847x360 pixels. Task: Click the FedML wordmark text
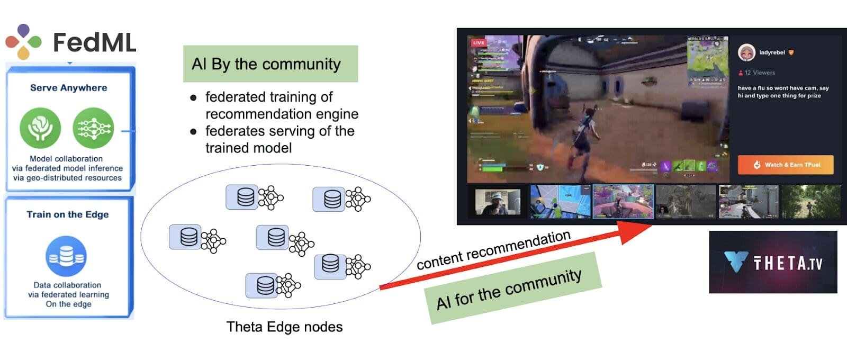[95, 42]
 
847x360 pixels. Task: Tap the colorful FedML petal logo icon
[23, 41]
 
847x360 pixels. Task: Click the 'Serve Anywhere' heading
[68, 88]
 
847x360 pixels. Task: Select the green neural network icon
[93, 128]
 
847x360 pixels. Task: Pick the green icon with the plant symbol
[40, 128]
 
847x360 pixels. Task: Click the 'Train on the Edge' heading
[68, 214]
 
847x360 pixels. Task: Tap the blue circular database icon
[66, 256]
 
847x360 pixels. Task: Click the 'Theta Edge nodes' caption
[284, 327]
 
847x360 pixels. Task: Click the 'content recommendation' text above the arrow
[493, 250]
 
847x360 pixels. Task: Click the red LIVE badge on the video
[479, 43]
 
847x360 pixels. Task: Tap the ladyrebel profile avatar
[746, 52]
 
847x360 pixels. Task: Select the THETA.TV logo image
[773, 262]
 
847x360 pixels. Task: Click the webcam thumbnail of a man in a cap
[498, 202]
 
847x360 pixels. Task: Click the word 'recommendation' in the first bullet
[282, 114]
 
